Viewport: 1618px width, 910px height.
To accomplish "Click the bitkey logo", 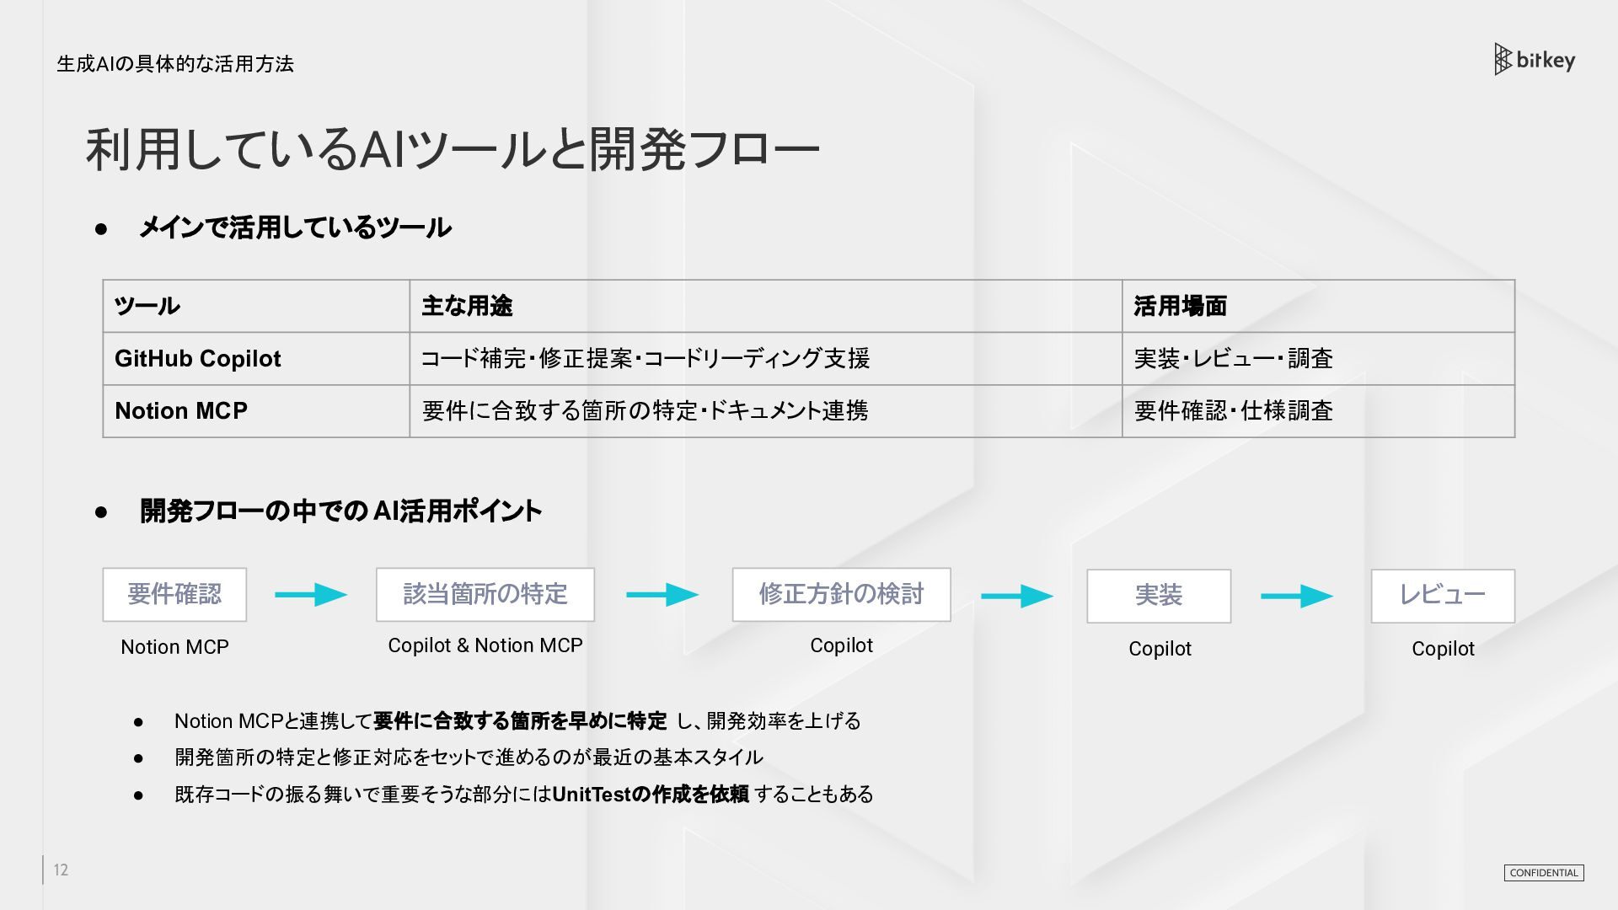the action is pyautogui.click(x=1535, y=60).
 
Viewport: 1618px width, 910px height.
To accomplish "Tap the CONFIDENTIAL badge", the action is pyautogui.click(x=1544, y=873).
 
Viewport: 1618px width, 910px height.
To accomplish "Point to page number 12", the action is pyautogui.click(x=61, y=870).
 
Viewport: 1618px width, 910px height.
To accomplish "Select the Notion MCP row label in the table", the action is pyautogui.click(x=181, y=411).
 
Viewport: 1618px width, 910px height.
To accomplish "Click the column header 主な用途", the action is pyautogui.click(x=467, y=306).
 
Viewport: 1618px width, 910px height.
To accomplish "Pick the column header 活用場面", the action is pyautogui.click(x=1180, y=306).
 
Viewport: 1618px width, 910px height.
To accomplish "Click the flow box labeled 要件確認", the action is pyautogui.click(x=174, y=595).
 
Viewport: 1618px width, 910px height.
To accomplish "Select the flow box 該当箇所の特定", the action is pyautogui.click(x=485, y=595).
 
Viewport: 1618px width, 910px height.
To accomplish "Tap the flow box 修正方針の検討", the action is pyautogui.click(x=842, y=595).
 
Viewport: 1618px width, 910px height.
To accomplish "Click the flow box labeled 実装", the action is pyautogui.click(x=1159, y=596).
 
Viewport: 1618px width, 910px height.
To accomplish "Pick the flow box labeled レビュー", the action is pyautogui.click(x=1443, y=596).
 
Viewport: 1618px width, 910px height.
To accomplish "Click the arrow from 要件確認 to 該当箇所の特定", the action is pyautogui.click(x=311, y=595).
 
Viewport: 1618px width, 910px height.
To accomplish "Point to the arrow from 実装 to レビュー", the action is pyautogui.click(x=1297, y=597).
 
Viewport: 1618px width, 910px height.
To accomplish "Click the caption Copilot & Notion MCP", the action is pyautogui.click(x=485, y=645).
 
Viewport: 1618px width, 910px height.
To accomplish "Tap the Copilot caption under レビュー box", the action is pyautogui.click(x=1443, y=649).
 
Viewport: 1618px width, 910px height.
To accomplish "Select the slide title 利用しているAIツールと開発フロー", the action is pyautogui.click(x=453, y=149).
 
